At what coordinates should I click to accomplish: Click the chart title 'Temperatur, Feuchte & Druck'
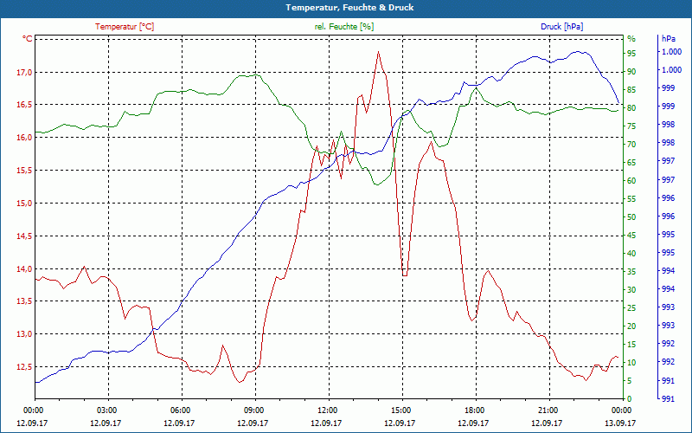(346, 7)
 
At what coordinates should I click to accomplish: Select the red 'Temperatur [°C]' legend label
(125, 27)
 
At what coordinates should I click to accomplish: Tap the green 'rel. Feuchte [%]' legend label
(344, 27)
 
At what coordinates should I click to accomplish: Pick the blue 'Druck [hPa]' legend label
(561, 27)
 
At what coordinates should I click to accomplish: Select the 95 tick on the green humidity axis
(631, 53)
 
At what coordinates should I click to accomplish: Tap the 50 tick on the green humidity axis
(631, 217)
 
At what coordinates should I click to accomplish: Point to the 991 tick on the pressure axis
(669, 398)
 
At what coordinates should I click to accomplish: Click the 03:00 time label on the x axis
(107, 410)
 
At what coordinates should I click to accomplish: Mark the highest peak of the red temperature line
(378, 52)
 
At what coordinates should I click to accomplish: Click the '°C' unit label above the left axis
(27, 39)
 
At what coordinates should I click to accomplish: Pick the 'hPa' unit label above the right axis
(668, 39)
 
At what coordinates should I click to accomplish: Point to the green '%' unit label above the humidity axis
(631, 39)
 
